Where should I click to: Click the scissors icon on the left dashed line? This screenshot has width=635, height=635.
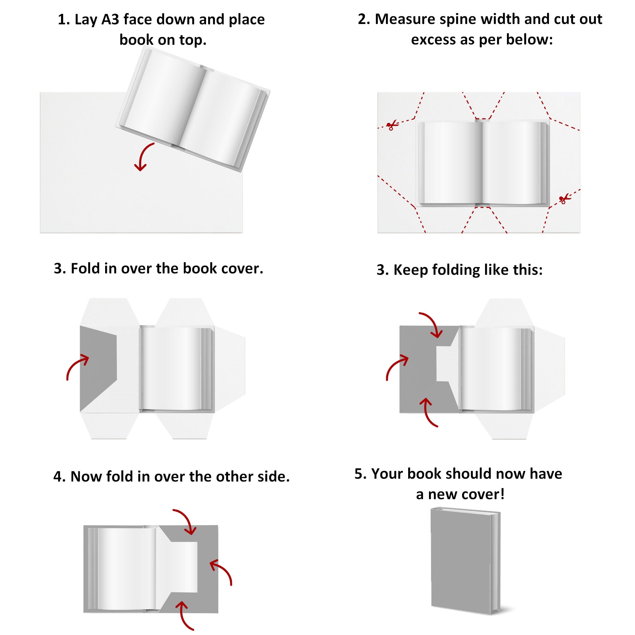point(391,125)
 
